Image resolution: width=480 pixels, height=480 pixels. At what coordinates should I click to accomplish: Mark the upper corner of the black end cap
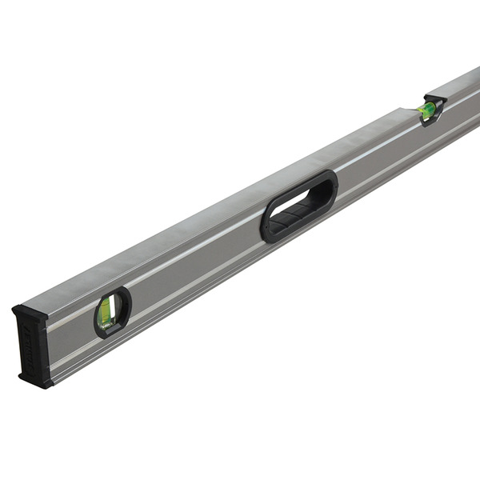tap(16, 309)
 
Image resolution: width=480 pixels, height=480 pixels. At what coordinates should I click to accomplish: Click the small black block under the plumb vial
tap(109, 327)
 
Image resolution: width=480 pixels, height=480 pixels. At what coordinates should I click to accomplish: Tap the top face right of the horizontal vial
tap(460, 84)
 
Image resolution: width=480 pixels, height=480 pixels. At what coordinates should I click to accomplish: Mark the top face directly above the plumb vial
tap(96, 280)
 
